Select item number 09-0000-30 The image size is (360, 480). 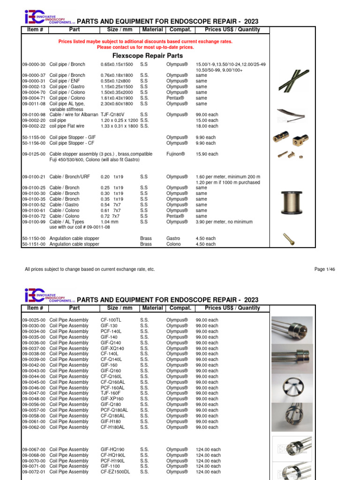34,64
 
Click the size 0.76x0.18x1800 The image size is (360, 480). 117,75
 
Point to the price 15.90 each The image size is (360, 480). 207,154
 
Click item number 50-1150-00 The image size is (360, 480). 34,239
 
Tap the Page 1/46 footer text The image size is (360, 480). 325,270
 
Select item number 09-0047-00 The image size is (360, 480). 34,393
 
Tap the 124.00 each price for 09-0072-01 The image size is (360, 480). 208,472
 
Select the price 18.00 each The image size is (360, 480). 207,126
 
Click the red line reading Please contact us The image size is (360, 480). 145,47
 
